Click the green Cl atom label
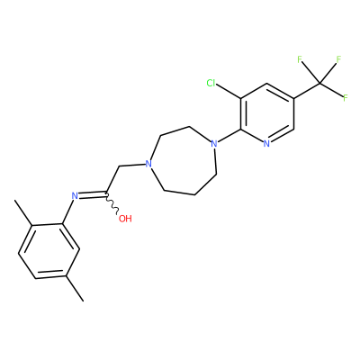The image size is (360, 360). point(211,83)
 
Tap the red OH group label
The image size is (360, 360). point(125,219)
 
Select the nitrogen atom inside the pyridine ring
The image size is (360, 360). point(266,144)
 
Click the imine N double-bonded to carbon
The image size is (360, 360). point(75,196)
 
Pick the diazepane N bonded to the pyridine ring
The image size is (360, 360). point(213,144)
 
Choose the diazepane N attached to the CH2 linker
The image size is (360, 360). point(148,164)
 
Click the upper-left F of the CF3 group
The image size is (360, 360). point(300,59)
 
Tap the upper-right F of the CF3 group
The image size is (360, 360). point(338,59)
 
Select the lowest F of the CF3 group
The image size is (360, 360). point(345,97)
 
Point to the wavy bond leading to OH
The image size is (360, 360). point(112,203)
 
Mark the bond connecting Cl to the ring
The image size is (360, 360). point(229,92)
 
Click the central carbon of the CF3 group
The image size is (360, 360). point(319,83)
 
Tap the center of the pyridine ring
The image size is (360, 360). point(267,113)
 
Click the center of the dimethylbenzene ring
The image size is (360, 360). point(49,251)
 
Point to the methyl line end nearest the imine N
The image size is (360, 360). point(15,201)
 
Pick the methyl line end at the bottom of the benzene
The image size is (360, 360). point(83,301)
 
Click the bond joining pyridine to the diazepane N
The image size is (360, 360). point(229,136)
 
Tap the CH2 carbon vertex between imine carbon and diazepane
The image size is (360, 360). point(120,166)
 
